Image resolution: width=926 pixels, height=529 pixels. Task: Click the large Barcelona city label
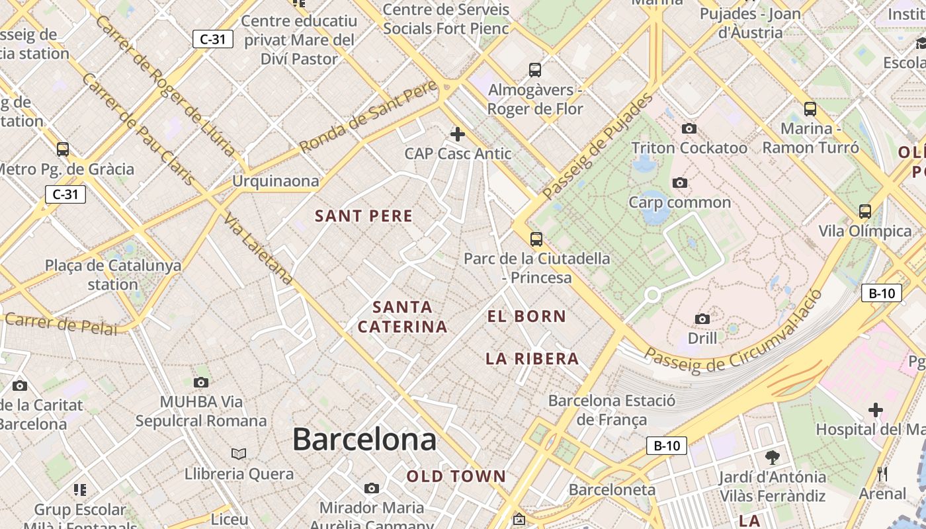point(364,440)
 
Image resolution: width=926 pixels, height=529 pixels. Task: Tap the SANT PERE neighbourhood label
point(364,216)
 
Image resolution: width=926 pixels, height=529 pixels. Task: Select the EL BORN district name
point(526,317)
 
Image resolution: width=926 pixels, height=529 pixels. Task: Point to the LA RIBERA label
point(532,359)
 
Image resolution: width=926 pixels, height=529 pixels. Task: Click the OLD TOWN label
point(456,476)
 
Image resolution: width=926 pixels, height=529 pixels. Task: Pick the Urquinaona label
point(275,181)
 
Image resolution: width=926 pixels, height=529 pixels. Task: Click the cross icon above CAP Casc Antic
point(457,135)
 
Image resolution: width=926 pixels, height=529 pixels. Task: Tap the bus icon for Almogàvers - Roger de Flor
point(535,70)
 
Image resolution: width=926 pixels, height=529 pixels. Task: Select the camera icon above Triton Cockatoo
point(689,129)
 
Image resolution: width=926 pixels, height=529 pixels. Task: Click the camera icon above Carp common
point(679,183)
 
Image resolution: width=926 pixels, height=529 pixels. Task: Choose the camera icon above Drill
point(702,319)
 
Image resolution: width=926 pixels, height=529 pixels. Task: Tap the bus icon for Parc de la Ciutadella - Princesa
point(536,239)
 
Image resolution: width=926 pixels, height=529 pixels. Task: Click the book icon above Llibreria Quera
point(239,454)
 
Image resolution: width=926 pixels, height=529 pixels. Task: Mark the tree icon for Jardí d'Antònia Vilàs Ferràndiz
point(772,457)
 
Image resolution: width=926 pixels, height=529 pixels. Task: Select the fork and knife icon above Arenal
point(882,474)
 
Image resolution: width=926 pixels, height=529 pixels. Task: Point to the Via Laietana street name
point(258,249)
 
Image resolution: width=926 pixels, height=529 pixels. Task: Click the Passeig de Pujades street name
point(597,147)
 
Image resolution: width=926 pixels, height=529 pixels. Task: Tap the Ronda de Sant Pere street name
point(368,117)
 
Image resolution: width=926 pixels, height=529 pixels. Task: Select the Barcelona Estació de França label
point(612,410)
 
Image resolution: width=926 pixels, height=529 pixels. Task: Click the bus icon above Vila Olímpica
point(864,212)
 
